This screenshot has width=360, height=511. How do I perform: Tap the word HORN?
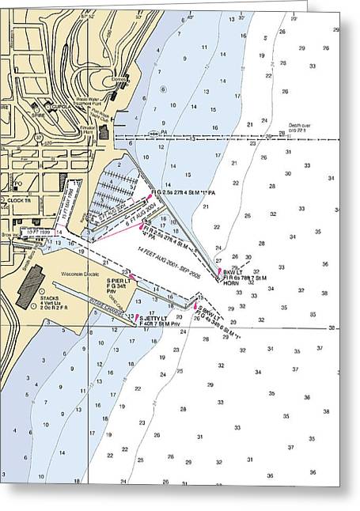[x=230, y=283]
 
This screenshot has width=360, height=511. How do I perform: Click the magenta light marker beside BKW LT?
[x=220, y=271]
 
